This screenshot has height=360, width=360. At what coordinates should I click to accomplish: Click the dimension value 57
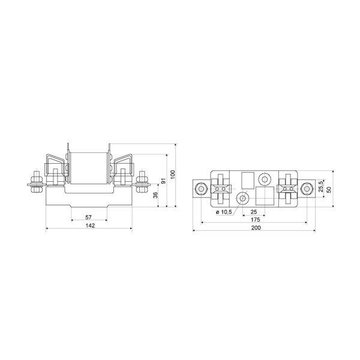(88, 217)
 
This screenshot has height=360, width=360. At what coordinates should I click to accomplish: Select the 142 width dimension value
(90, 226)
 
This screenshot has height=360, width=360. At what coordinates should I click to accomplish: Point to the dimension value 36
(155, 195)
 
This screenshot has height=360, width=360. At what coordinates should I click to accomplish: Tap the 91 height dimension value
(163, 180)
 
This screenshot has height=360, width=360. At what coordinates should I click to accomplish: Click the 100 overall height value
(173, 175)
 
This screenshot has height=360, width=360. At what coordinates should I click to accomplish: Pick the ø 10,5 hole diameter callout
(224, 212)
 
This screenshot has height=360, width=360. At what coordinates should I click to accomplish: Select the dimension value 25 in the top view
(254, 212)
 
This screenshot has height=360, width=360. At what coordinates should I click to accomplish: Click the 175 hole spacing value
(256, 220)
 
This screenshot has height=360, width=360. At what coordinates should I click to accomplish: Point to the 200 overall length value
(256, 228)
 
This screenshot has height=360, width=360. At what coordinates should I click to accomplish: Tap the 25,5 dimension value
(321, 186)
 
